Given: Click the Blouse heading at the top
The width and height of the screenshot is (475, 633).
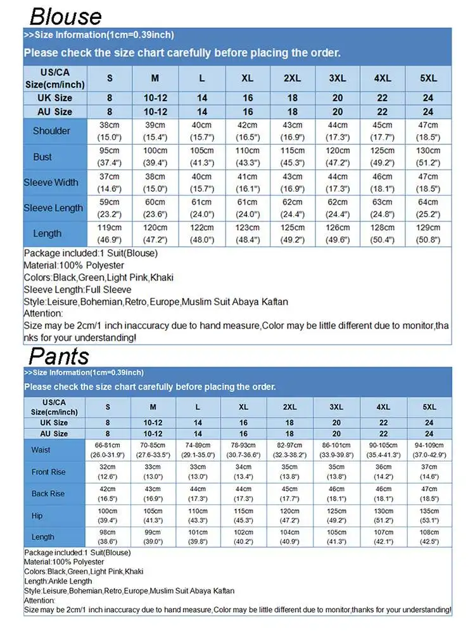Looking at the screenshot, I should pos(65,15).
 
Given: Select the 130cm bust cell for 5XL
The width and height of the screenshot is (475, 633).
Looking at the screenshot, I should pos(429,156).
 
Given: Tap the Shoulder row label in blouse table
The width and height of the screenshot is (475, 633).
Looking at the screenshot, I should pos(51,131).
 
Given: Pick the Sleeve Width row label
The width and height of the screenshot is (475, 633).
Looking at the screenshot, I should pos(51,182).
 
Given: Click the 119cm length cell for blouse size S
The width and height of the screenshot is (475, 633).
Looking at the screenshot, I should pos(109,234).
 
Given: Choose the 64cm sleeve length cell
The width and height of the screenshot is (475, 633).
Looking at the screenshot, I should pos(429,208).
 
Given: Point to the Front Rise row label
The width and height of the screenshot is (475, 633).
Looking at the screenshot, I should pos(49,472).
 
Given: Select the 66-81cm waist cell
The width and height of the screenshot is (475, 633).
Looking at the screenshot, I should pos(108,450).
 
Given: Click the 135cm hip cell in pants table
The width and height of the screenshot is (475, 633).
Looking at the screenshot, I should pos(429,515).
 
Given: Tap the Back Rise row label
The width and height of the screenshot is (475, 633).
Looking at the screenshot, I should pos(49,494).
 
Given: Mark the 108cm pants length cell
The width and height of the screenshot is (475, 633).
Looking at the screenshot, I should pos(429,537).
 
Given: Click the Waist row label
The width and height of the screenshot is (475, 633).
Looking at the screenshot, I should pos(41,450).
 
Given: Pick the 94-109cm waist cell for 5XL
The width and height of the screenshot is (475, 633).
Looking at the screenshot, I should pos(429,450).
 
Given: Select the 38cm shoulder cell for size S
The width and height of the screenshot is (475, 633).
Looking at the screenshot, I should pos(109,131).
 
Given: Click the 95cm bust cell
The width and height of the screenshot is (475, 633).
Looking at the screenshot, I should pos(109,156).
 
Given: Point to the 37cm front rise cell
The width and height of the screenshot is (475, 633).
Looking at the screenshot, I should pos(429,472).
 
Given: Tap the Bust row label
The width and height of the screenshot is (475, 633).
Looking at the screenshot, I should pos(42,156).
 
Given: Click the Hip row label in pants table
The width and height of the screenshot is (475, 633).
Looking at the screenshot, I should pos(37,515).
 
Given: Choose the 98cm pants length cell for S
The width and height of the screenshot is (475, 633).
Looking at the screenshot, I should pos(108,537).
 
